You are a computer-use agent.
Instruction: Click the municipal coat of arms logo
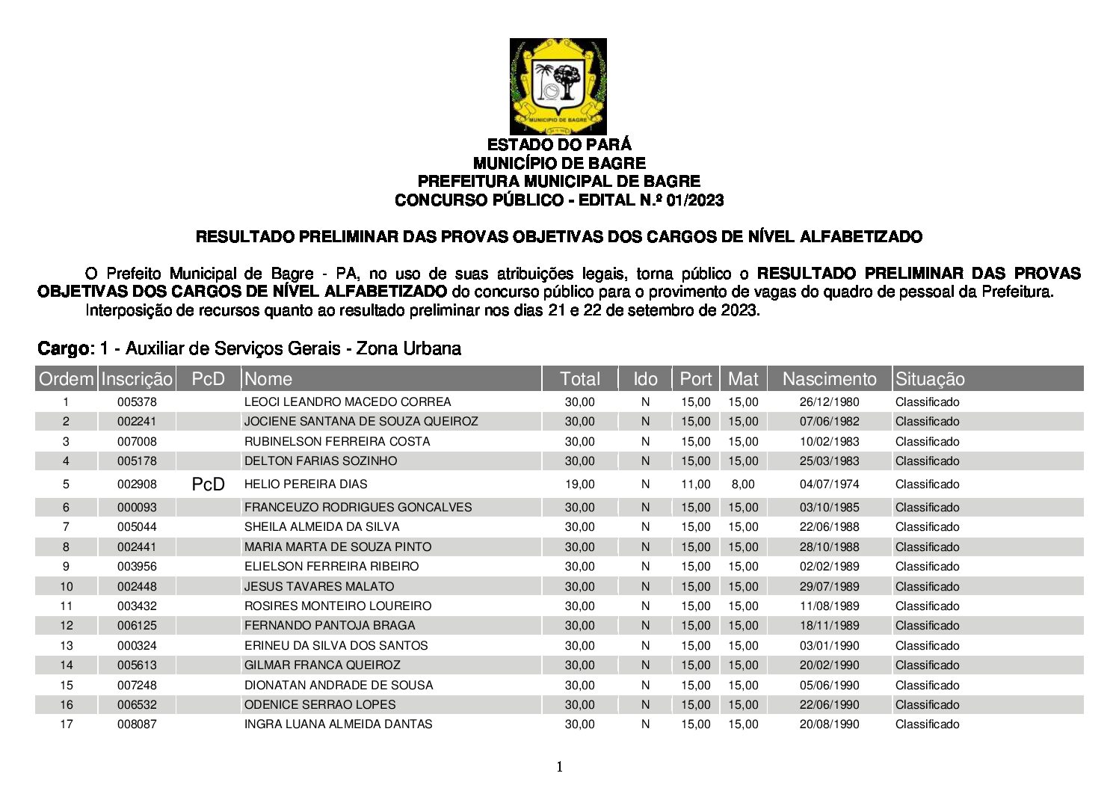[558, 86]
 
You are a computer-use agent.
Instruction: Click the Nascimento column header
[829, 379]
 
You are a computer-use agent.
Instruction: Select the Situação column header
[930, 379]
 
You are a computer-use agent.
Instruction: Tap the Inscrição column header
[137, 379]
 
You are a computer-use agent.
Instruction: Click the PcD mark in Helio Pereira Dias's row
[208, 484]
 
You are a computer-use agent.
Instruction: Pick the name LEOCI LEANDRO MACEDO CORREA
[348, 402]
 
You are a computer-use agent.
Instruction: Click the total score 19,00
[579, 484]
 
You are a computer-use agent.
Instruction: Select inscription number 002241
[137, 422]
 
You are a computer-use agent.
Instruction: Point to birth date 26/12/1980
[829, 402]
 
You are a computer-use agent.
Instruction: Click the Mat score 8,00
[743, 484]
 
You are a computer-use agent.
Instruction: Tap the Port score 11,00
[695, 484]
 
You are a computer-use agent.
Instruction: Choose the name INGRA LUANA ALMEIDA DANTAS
[338, 724]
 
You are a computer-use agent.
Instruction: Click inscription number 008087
[137, 724]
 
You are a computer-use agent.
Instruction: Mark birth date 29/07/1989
[829, 587]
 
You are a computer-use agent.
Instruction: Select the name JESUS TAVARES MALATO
[319, 587]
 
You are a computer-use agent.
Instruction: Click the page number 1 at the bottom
[559, 767]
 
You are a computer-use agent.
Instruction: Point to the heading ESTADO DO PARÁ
[559, 144]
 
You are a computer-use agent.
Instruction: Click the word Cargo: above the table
[66, 348]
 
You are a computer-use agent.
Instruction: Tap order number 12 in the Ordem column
[67, 626]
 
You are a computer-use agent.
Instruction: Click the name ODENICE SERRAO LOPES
[320, 705]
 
